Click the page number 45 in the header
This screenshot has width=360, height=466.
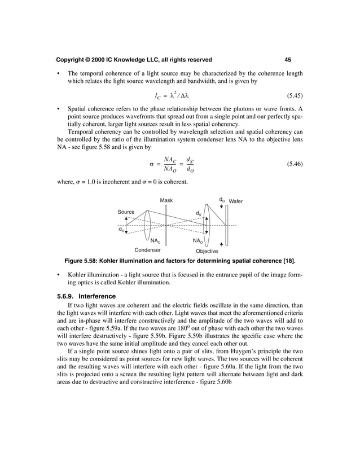(288, 59)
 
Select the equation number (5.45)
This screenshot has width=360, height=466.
(291, 96)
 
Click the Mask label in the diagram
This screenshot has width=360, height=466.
(166, 200)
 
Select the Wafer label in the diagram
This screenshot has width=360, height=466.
(236, 201)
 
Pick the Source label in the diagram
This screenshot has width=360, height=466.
(126, 212)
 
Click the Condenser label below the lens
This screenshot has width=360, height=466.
(147, 249)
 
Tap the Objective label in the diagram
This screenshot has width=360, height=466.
(207, 250)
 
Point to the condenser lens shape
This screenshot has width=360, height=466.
(148, 225)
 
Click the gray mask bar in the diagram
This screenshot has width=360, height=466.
(166, 225)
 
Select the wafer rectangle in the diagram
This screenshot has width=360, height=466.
(226, 225)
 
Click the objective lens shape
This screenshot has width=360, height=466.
(209, 225)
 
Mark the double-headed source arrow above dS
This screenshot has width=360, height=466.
(126, 225)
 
